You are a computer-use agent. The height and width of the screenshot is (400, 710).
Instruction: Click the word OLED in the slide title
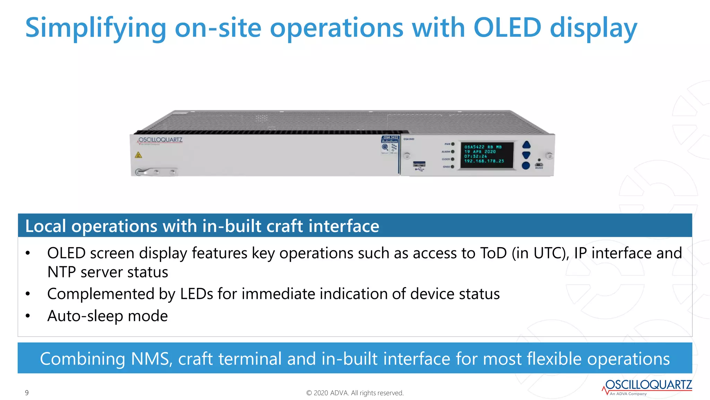pos(507,28)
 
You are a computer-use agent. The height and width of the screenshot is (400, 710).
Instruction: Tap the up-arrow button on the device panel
pos(526,145)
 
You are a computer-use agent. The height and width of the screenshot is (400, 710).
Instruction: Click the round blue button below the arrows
pos(526,166)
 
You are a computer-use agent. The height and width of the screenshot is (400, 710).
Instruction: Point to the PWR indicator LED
pos(453,144)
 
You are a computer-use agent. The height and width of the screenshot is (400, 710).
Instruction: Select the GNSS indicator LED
pos(452,167)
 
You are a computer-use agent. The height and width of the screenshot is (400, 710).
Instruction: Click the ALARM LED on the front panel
pos(453,152)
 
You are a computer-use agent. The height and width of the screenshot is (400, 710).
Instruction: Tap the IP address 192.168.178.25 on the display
pos(484,161)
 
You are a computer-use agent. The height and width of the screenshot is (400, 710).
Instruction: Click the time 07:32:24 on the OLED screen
pos(476,156)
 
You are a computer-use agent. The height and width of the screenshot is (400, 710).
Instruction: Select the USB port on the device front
pos(419,164)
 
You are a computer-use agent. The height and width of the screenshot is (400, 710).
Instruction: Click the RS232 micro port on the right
pos(539,165)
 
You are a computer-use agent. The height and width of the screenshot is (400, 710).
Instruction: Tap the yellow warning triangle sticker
pos(138,155)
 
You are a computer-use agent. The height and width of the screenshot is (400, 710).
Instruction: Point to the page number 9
pos(27,393)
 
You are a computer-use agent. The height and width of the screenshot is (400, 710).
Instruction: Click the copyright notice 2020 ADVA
pos(355,393)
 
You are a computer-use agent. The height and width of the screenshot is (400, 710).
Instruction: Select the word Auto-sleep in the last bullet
pos(85,316)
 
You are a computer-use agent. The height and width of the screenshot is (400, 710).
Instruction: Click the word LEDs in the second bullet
pos(196,294)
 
